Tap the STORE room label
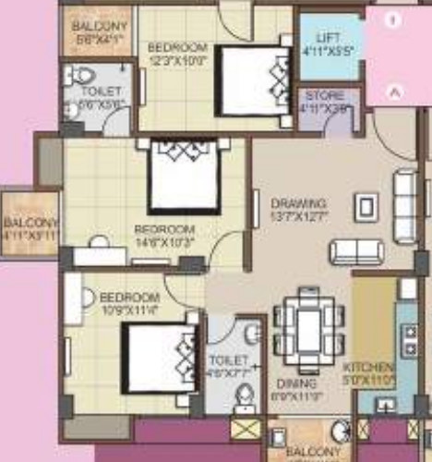pyautogui.click(x=325, y=95)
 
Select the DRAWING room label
pyautogui.click(x=297, y=203)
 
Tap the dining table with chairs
pyautogui.click(x=308, y=324)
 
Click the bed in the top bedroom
pyautogui.click(x=254, y=80)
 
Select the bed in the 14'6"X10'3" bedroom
pyautogui.click(x=184, y=173)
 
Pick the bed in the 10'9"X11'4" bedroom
pyautogui.click(x=161, y=356)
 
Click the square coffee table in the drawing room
pyautogui.click(x=366, y=206)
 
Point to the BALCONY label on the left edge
pyautogui.click(x=30, y=223)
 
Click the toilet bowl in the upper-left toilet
pyautogui.click(x=84, y=75)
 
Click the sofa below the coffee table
pyautogui.click(x=356, y=251)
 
